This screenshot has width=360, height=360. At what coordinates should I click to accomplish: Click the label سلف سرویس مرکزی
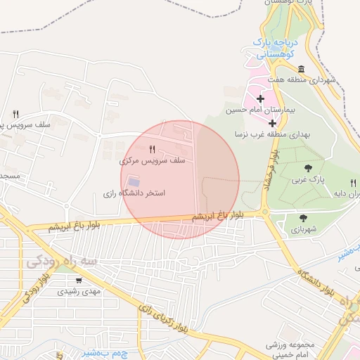[x=153, y=161]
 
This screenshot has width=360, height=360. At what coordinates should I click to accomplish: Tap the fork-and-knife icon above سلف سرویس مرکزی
[x=153, y=149]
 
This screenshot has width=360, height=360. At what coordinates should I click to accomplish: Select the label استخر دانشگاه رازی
[x=134, y=193]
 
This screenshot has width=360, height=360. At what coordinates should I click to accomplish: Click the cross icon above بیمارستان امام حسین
[x=262, y=98]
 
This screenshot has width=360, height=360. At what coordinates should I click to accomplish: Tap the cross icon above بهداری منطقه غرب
[x=273, y=123]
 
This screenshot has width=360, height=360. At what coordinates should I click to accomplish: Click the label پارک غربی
[x=309, y=180]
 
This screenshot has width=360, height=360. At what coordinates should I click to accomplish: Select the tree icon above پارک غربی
[x=308, y=168]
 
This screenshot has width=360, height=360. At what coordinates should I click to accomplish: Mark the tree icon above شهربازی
[x=303, y=218]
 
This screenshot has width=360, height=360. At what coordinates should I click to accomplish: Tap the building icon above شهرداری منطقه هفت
[x=301, y=69]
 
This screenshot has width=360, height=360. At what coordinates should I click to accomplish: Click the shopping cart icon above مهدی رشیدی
[x=79, y=279]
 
